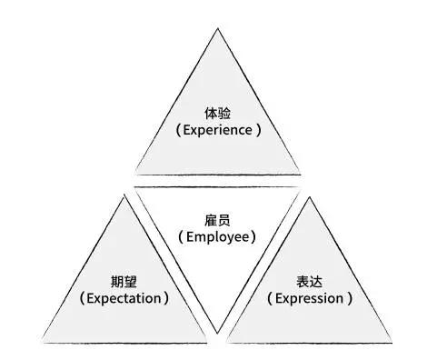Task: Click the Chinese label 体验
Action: coord(217,114)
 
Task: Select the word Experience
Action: coord(218,130)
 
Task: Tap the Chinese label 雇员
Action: coord(217,220)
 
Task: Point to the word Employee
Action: coord(218,237)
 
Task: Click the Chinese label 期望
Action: coord(124,281)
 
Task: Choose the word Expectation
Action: coord(124,298)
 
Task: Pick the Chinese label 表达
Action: coord(309,281)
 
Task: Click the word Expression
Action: coord(309,298)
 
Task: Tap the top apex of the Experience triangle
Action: coord(218,28)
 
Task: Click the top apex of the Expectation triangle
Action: coord(124,197)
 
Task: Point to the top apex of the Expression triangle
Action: coord(310,197)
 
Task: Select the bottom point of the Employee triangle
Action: coord(217,334)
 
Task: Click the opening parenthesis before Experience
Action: coord(178,130)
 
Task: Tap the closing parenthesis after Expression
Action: coord(350,298)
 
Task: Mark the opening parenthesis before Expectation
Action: coord(82,298)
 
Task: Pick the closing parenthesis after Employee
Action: coord(253,237)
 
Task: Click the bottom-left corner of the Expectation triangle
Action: coord(44,343)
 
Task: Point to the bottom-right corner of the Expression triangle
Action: coord(392,343)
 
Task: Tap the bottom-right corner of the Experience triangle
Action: coord(300,175)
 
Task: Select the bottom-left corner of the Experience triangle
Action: coord(136,175)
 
